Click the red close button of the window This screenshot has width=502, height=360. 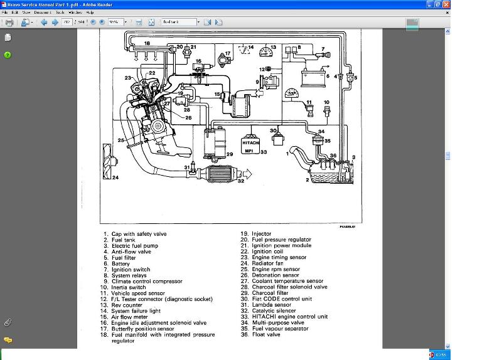click(445, 4)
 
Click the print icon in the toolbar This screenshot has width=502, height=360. click(9, 22)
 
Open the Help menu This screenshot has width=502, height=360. click(90, 12)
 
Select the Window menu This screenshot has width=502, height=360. click(75, 12)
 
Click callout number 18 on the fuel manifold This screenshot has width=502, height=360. click(147, 43)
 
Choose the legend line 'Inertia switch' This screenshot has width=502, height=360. click(129, 287)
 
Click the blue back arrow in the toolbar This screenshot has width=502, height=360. click(44, 22)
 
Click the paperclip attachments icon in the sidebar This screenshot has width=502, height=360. click(8, 322)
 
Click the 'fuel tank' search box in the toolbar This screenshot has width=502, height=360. click(179, 22)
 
